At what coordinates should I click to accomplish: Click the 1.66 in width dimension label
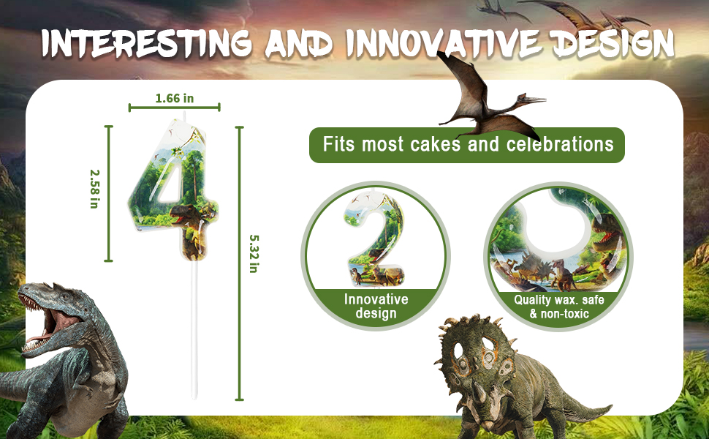tap(175, 98)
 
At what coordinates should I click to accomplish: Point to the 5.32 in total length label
tap(254, 253)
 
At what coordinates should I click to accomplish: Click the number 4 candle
tap(174, 190)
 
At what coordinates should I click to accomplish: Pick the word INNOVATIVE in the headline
tap(442, 45)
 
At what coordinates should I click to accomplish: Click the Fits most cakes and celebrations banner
tap(466, 145)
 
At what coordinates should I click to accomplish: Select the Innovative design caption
tap(376, 306)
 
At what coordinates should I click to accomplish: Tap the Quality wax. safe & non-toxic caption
tap(559, 307)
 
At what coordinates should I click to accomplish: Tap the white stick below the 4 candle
tap(194, 331)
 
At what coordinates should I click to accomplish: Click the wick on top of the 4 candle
tap(184, 115)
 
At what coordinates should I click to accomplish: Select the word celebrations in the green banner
tap(560, 144)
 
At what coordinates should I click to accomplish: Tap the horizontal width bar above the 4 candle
tap(175, 108)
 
